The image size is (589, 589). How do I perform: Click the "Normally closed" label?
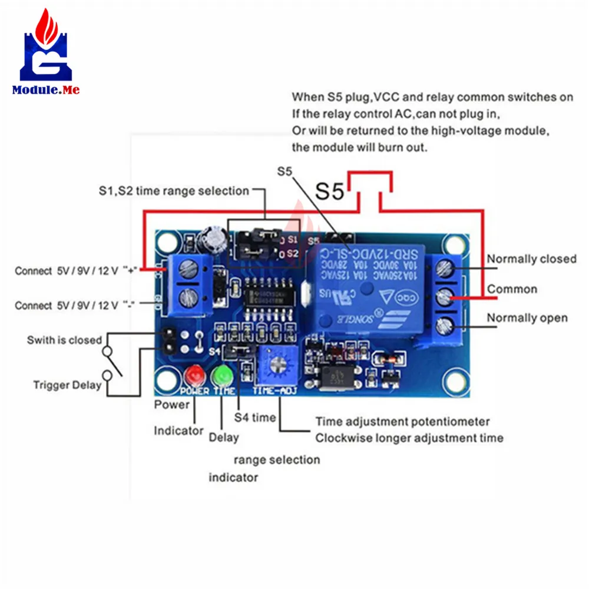[531, 259]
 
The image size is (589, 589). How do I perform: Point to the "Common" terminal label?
[512, 289]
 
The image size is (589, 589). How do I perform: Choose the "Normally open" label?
[527, 318]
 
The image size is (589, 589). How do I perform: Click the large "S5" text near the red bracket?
[329, 191]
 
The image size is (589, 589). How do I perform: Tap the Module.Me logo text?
[45, 90]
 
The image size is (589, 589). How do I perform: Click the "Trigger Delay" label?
[67, 385]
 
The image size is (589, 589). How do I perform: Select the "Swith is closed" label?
[64, 340]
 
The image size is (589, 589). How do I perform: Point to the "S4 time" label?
[255, 418]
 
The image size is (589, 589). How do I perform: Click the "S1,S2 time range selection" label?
[174, 191]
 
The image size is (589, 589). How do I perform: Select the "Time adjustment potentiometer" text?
[402, 422]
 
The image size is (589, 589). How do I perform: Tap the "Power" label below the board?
[172, 405]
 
